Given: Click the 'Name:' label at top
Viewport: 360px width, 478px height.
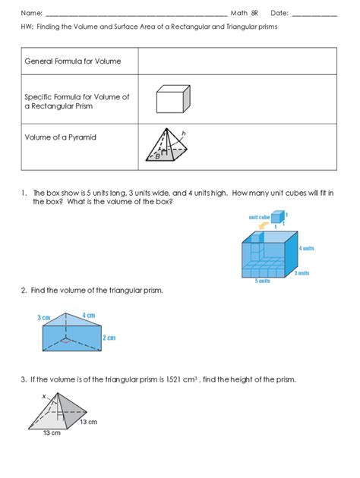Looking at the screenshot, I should coord(31,13).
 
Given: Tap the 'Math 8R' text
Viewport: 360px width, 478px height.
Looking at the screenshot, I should coord(244,13).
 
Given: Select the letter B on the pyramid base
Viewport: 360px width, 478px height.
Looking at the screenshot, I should coord(157,156).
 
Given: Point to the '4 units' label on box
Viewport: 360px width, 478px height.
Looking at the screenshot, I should coord(306,248).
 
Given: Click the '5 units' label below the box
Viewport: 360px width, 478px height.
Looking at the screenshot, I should coord(263,281).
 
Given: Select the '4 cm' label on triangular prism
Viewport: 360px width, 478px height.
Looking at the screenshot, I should coord(88,315).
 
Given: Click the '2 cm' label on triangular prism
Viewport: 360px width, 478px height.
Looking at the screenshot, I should coord(109,338).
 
